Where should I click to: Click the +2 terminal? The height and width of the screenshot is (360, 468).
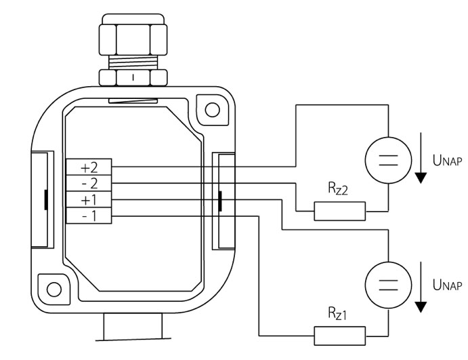(89, 167)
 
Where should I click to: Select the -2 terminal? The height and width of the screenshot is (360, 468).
(89, 183)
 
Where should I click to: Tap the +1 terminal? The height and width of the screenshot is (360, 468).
(89, 199)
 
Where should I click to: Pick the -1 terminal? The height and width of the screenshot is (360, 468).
(89, 216)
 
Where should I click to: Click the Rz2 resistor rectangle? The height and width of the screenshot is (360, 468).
(340, 212)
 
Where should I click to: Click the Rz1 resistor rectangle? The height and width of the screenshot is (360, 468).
(340, 336)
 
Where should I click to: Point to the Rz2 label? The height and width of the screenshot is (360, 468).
(338, 189)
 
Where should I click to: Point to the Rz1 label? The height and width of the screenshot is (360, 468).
(337, 314)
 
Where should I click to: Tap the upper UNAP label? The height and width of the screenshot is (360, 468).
(447, 161)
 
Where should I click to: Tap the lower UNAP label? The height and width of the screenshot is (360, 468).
(447, 285)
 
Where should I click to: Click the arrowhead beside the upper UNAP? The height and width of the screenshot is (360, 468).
(421, 178)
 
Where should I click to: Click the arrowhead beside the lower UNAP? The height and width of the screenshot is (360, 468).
(421, 307)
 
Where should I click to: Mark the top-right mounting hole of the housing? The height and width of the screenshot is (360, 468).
(213, 110)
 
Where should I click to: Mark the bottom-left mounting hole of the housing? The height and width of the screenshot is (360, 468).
(54, 289)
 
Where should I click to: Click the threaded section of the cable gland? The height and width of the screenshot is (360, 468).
(133, 62)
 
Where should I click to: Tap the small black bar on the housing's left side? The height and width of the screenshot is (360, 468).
(46, 200)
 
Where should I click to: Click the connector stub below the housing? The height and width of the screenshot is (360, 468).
(133, 326)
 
